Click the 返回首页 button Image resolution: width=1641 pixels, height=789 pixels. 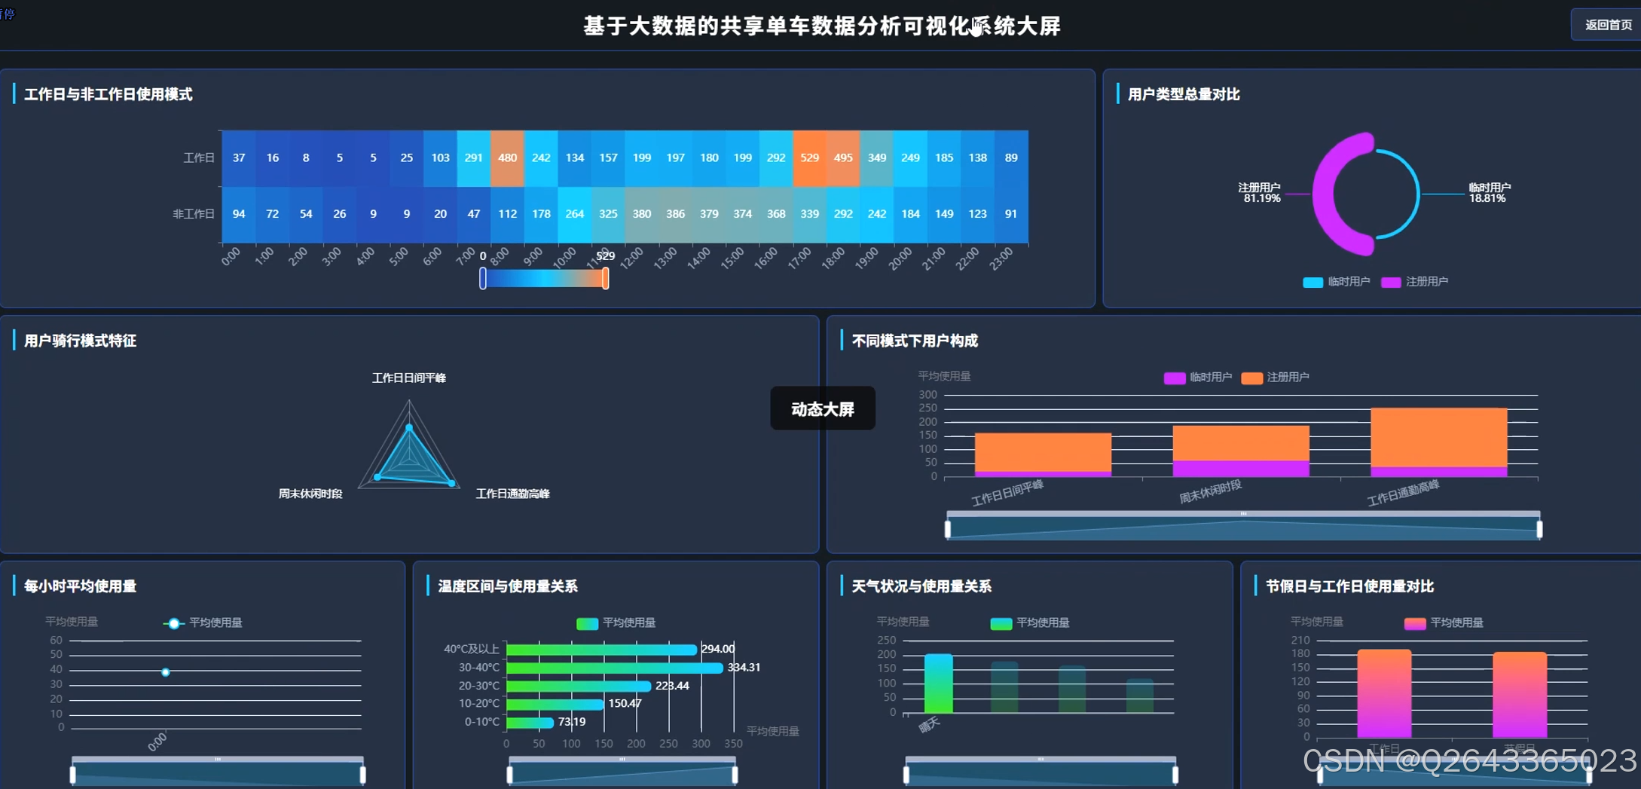[1607, 25]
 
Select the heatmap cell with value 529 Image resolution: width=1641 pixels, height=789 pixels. [809, 157]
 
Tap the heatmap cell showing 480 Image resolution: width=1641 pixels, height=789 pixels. [507, 157]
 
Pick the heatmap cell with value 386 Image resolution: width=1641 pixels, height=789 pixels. [675, 214]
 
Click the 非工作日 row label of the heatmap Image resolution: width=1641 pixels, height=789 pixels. [194, 214]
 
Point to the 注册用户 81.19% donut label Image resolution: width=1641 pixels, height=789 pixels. [1261, 193]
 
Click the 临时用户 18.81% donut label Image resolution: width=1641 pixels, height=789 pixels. [1489, 193]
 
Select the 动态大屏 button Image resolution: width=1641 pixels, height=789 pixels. [822, 408]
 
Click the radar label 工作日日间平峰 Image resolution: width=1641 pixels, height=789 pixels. [408, 378]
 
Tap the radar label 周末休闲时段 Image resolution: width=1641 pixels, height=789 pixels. [310, 494]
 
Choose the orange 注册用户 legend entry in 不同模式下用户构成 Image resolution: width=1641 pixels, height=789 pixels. [1276, 378]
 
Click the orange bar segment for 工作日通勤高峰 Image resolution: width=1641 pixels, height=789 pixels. [1438, 437]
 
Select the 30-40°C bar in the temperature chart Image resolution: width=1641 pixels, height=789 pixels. [614, 668]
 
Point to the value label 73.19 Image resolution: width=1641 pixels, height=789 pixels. [572, 722]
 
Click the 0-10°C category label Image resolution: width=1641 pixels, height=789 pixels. [482, 722]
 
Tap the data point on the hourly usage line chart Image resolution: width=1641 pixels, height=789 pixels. [166, 672]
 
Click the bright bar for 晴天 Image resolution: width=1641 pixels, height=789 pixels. [938, 683]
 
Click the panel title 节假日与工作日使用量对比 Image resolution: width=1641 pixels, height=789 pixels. [1349, 586]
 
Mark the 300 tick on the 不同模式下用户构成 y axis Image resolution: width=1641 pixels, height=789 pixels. [927, 395]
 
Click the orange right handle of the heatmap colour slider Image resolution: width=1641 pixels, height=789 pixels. [605, 279]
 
